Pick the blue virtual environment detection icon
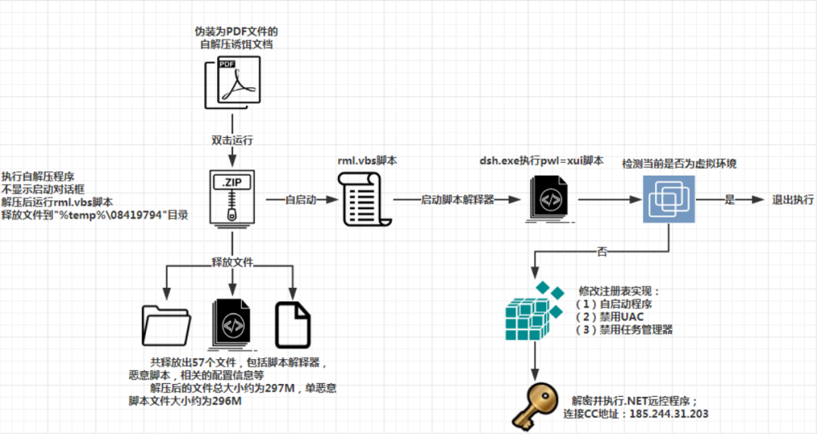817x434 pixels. click(x=669, y=200)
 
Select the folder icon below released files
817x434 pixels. click(x=165, y=325)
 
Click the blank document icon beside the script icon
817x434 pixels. click(x=293, y=325)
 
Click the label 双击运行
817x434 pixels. click(x=231, y=140)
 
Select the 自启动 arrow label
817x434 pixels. click(x=300, y=200)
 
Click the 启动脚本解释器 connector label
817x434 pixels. click(x=458, y=200)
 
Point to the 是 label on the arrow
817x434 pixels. click(x=730, y=200)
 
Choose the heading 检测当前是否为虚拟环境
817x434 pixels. click(x=679, y=164)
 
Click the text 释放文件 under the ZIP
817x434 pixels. click(x=231, y=262)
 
